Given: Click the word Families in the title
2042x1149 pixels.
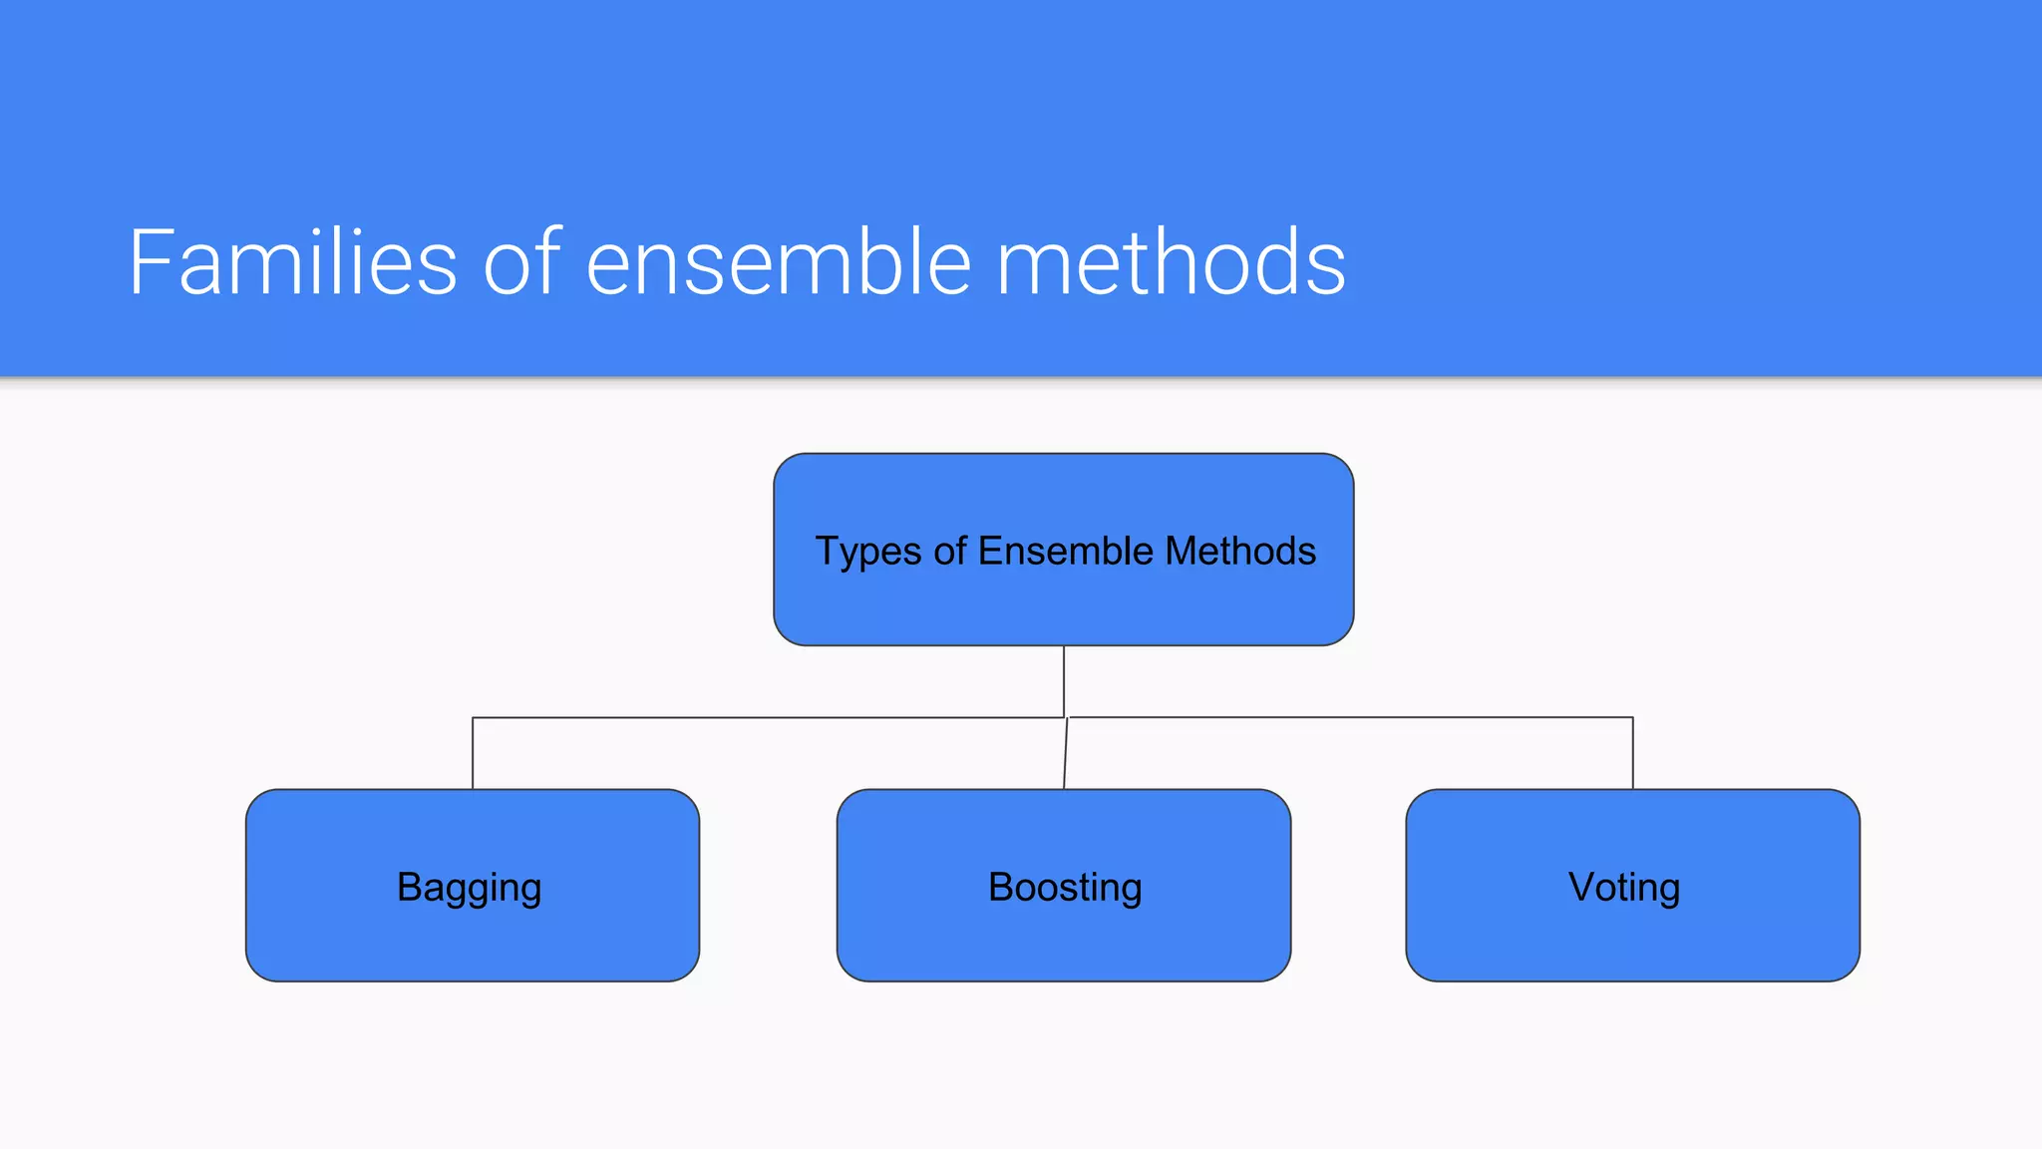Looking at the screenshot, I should (292, 262).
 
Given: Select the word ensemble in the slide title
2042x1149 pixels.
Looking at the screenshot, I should (778, 262).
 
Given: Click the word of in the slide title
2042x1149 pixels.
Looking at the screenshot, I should (521, 262).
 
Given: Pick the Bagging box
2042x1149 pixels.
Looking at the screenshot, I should (472, 938).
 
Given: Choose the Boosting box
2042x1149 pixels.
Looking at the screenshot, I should (1064, 938).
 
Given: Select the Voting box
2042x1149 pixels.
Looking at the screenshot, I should (1632, 938).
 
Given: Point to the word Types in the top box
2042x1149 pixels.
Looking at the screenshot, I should (867, 552).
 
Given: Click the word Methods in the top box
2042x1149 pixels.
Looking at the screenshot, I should (1240, 551).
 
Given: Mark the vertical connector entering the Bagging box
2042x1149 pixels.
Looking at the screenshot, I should (473, 754).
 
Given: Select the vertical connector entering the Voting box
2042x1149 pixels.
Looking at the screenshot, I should (1632, 754).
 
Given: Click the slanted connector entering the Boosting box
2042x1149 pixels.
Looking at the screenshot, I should (1066, 754).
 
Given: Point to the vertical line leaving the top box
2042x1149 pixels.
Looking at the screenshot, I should (1064, 680).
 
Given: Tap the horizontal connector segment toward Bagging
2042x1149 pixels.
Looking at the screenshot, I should (768, 717).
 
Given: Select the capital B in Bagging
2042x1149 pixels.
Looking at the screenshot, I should (410, 886).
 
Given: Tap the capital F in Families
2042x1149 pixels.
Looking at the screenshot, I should (151, 262).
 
